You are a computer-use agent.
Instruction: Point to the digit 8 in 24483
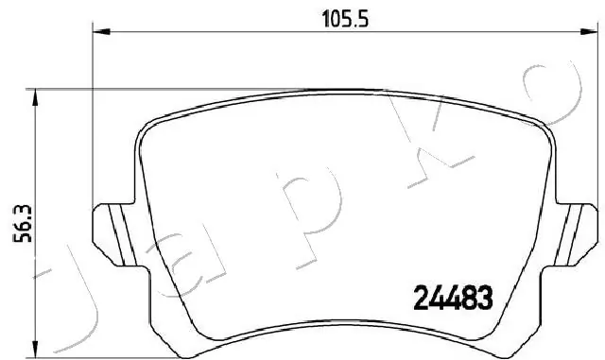[468, 300]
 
